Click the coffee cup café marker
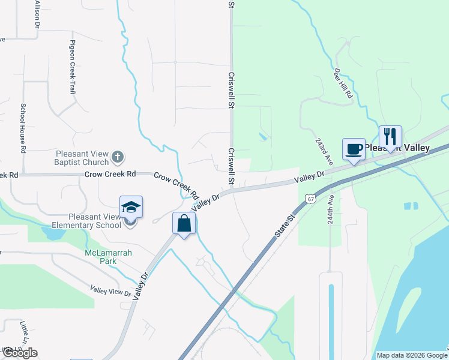coord(354,149)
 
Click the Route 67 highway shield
coord(310,198)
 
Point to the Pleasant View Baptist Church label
coord(83,158)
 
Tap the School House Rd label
coord(23,127)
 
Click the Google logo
coord(20,353)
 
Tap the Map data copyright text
coord(412,355)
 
